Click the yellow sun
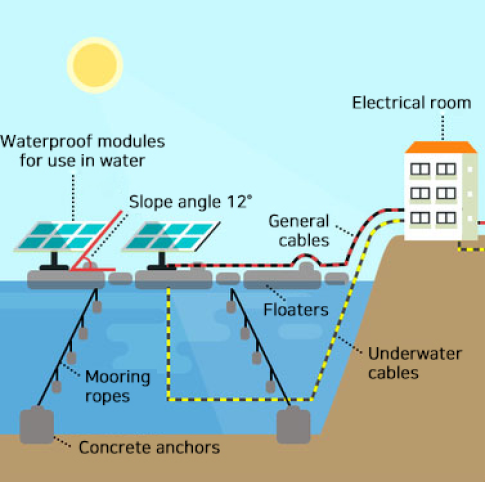click(x=95, y=65)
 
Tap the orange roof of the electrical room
click(x=441, y=147)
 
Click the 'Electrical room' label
click(x=412, y=103)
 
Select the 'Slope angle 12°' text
click(x=190, y=202)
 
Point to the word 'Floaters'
click(x=296, y=310)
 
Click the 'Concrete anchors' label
click(x=149, y=447)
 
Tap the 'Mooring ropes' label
click(x=118, y=387)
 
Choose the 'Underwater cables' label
click(x=415, y=363)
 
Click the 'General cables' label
click(x=299, y=231)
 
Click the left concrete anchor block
click(x=37, y=426)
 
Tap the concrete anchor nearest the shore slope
click(x=293, y=426)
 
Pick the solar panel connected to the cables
click(x=171, y=236)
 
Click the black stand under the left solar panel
click(x=54, y=261)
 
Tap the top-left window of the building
click(x=420, y=169)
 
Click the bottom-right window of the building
click(x=446, y=218)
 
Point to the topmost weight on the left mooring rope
click(x=97, y=307)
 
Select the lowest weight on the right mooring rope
click(x=270, y=387)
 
